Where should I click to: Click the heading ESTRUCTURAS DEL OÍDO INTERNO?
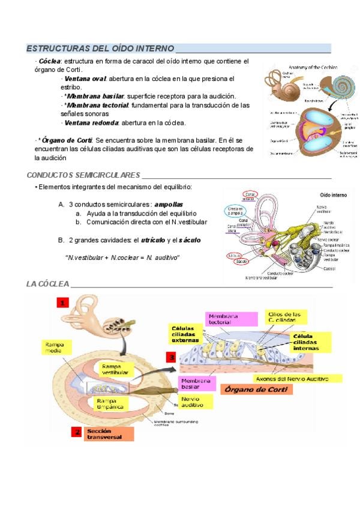[x=100, y=48]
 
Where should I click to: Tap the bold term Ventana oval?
[x=85, y=79]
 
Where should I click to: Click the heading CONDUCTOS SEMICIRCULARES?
[x=83, y=175]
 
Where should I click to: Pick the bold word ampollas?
[x=169, y=204]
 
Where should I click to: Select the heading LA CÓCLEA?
[x=48, y=283]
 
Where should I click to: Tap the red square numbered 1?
[x=64, y=303]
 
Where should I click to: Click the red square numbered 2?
[x=76, y=432]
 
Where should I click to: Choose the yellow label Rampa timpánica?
[x=110, y=403]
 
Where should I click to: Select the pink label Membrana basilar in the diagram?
[x=196, y=383]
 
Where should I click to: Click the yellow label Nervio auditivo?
[x=196, y=402]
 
